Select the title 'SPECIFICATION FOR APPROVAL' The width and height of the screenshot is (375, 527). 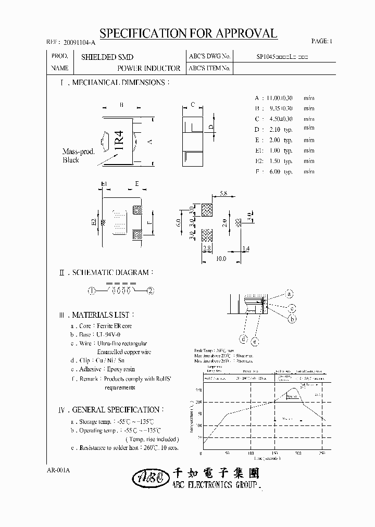(x=188, y=34)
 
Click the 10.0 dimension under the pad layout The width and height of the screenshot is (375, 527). (x=221, y=259)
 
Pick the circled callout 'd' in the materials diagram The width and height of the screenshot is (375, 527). (x=243, y=339)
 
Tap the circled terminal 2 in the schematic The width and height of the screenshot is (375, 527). (x=151, y=291)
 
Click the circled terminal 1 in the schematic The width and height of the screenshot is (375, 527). (x=92, y=291)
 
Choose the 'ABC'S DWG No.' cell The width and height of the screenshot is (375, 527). (x=209, y=57)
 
